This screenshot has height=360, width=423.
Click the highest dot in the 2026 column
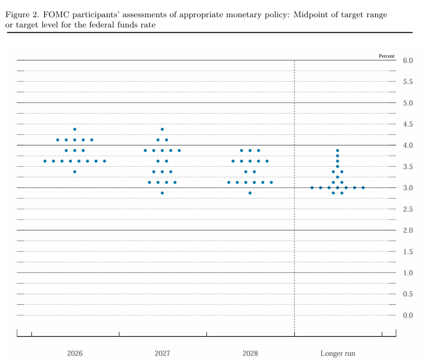pyautogui.click(x=75, y=130)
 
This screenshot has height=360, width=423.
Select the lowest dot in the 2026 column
pyautogui.click(x=75, y=172)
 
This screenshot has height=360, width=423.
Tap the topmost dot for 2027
pyautogui.click(x=162, y=130)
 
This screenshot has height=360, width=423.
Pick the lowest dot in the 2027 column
pyautogui.click(x=162, y=193)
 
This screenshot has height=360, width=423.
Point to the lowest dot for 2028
pyautogui.click(x=250, y=193)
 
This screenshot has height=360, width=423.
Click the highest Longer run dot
pyautogui.click(x=338, y=151)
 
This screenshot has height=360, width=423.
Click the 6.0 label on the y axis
pyautogui.click(x=408, y=61)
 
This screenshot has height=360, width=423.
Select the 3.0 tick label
pyautogui.click(x=408, y=188)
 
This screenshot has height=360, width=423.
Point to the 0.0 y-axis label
pyautogui.click(x=408, y=315)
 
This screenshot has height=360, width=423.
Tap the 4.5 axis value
pyautogui.click(x=408, y=124)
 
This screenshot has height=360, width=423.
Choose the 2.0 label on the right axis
pyautogui.click(x=408, y=230)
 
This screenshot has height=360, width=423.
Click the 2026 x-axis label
pyautogui.click(x=75, y=353)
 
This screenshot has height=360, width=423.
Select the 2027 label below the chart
pyautogui.click(x=163, y=353)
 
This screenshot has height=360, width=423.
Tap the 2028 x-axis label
pyautogui.click(x=250, y=353)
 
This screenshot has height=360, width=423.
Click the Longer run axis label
pyautogui.click(x=338, y=353)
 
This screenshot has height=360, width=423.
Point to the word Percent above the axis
pyautogui.click(x=387, y=56)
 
